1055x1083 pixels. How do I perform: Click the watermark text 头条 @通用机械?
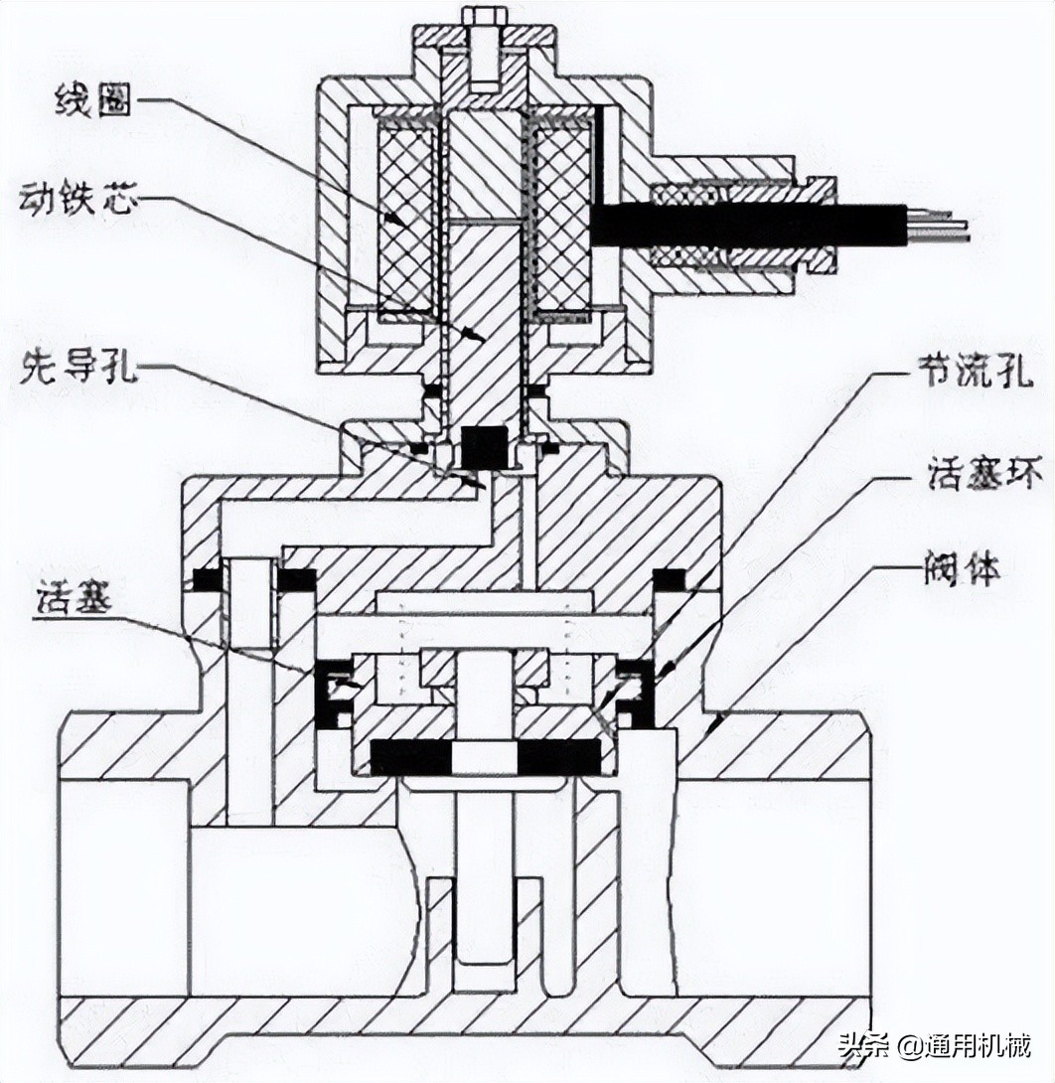[934, 1046]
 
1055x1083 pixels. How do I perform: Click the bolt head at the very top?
[482, 18]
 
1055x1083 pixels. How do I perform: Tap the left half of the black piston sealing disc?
[409, 757]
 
